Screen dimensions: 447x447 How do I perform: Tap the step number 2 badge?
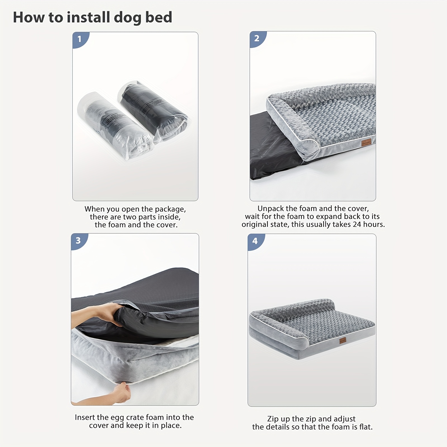click(257, 38)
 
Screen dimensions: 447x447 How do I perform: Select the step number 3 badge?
click(78, 240)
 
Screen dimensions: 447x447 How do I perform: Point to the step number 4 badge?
click(255, 241)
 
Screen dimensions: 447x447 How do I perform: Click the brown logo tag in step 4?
click(343, 341)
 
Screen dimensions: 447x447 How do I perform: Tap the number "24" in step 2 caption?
click(357, 224)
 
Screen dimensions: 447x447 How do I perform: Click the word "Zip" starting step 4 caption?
click(273, 419)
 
